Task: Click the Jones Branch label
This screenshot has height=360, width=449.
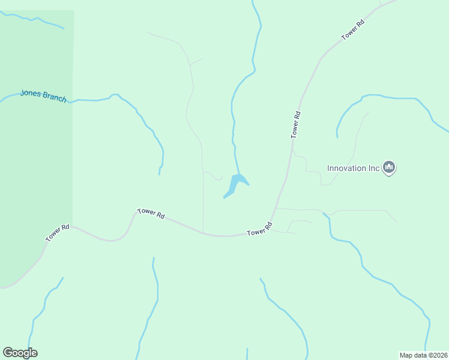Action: [x=43, y=95]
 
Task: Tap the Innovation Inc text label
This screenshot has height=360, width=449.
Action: [x=354, y=168]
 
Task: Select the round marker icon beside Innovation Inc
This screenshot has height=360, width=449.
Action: [x=389, y=167]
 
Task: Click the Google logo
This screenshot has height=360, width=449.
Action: [x=20, y=353]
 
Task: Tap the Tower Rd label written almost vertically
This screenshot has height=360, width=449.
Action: [x=295, y=125]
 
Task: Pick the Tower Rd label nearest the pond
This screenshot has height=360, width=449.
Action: [x=260, y=229]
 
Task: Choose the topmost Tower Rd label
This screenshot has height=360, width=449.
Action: [x=353, y=31]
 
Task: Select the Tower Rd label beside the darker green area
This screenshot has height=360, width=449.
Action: [x=58, y=233]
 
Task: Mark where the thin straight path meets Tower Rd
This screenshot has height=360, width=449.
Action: [x=203, y=232]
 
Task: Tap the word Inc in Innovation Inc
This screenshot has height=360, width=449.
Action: [x=374, y=168]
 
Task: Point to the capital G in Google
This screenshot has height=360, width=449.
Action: [x=7, y=353]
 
